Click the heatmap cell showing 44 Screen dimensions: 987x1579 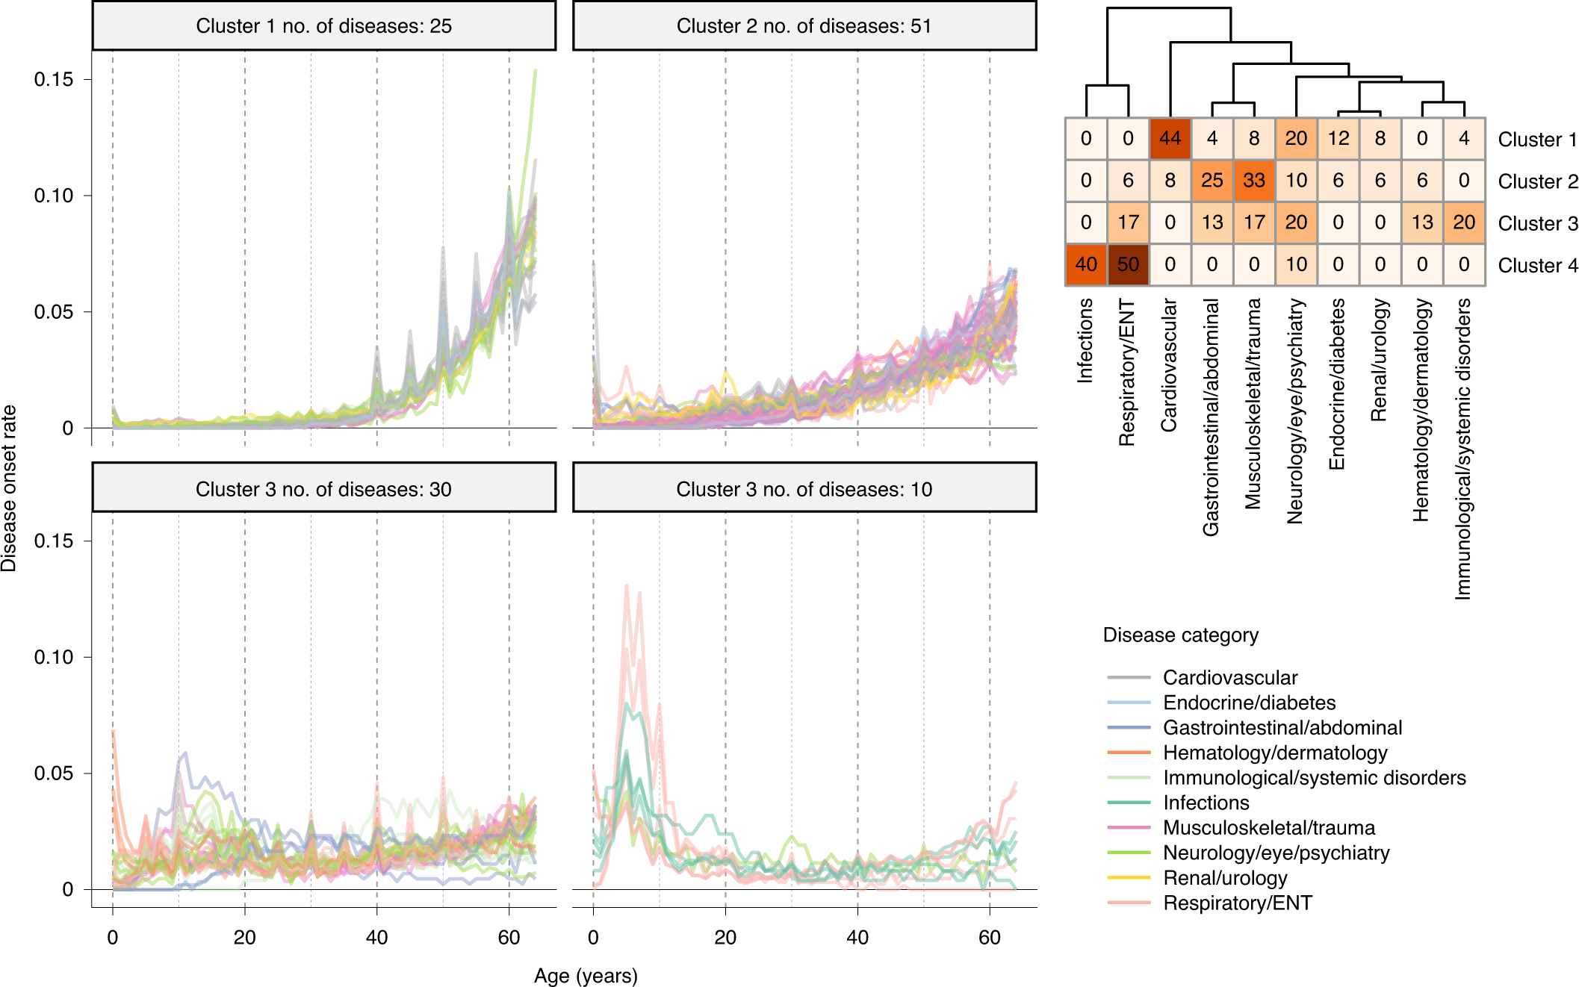point(1170,139)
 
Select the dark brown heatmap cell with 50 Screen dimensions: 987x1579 point(1128,264)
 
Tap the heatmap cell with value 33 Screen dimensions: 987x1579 point(1253,181)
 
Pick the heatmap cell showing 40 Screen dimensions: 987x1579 point(1086,264)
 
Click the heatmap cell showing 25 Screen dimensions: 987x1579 point(1212,181)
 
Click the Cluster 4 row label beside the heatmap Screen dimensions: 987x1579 point(1537,265)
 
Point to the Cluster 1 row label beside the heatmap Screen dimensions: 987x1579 point(1537,140)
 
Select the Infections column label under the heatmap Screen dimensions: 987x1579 point(1085,340)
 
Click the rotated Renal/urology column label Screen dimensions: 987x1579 point(1379,360)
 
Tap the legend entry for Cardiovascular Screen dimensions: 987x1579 point(1229,677)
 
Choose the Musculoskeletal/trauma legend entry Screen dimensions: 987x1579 point(1268,827)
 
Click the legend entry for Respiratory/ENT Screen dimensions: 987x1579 point(1237,903)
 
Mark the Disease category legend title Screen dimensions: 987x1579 point(1180,635)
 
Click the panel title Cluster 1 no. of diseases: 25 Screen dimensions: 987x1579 point(323,26)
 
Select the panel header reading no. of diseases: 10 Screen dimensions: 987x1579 point(804,489)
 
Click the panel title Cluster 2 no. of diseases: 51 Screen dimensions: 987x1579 point(804,26)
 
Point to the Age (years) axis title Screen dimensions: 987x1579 point(586,975)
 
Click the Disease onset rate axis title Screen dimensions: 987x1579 point(9,488)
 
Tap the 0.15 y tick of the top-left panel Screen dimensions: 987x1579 point(54,79)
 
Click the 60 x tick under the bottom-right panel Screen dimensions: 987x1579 point(989,937)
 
